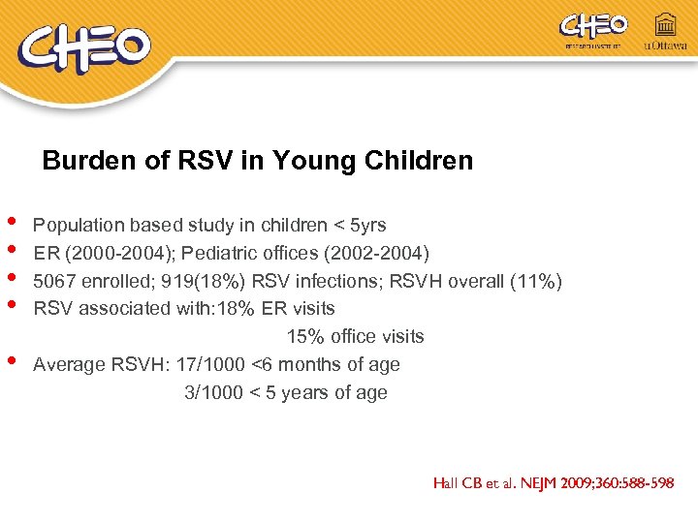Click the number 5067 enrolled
coord(52,282)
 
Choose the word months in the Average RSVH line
coord(304,365)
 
